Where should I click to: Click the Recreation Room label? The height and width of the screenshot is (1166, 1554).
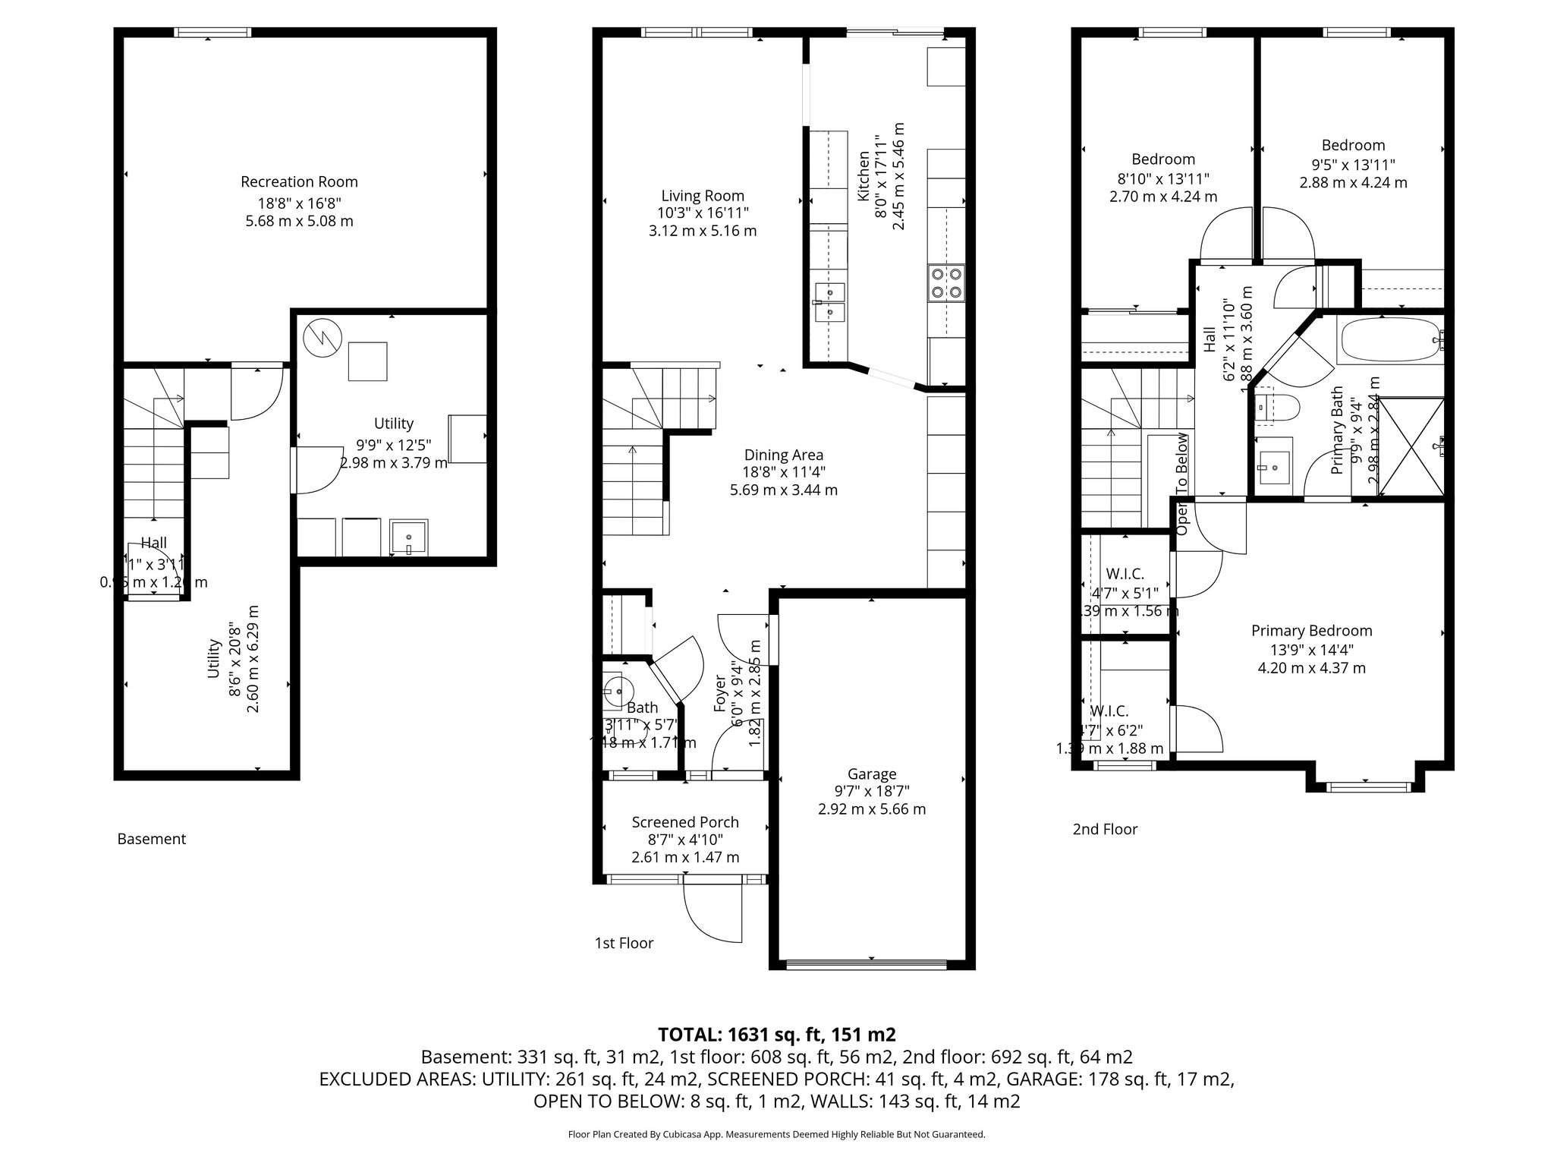pyautogui.click(x=299, y=182)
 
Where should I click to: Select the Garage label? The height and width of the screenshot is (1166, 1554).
pyautogui.click(x=872, y=774)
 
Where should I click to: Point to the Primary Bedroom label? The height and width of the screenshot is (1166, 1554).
pyautogui.click(x=1311, y=631)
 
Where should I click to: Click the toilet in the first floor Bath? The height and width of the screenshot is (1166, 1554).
pyautogui.click(x=618, y=689)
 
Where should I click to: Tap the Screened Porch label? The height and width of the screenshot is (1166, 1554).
pyautogui.click(x=685, y=822)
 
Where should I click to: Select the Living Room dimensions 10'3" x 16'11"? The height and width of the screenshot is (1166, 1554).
pyautogui.click(x=703, y=213)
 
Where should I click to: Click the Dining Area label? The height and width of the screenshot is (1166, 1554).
pyautogui.click(x=784, y=455)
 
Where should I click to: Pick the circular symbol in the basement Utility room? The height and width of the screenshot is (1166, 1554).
pyautogui.click(x=322, y=339)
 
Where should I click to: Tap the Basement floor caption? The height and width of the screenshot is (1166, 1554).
pyautogui.click(x=152, y=839)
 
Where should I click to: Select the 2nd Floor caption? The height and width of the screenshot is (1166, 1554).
pyautogui.click(x=1105, y=829)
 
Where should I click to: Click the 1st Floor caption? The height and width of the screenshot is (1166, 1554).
pyautogui.click(x=624, y=943)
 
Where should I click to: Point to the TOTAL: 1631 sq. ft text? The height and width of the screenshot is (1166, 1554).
pyautogui.click(x=777, y=1034)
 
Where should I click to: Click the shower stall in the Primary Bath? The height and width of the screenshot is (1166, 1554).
pyautogui.click(x=1411, y=447)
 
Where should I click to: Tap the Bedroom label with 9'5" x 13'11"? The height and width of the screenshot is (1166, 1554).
pyautogui.click(x=1353, y=146)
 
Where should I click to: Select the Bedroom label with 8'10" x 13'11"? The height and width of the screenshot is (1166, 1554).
pyautogui.click(x=1163, y=159)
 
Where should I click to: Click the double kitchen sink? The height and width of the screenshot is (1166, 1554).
pyautogui.click(x=829, y=302)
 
